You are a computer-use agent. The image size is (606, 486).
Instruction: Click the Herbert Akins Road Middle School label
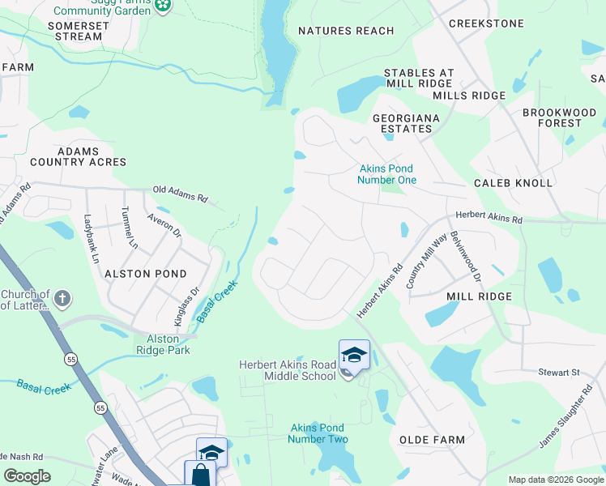tap(287, 370)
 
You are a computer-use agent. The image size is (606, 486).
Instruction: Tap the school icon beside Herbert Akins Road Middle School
tap(354, 355)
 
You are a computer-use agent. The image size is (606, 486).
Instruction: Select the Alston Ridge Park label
tap(168, 344)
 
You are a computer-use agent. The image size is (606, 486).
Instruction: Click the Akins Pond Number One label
tap(387, 174)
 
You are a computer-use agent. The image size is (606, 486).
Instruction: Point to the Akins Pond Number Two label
tap(318, 433)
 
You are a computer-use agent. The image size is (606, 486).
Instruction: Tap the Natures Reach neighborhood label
tap(346, 31)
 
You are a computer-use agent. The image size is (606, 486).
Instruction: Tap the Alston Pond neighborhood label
tap(146, 274)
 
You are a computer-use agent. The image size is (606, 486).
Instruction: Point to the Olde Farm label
tap(433, 440)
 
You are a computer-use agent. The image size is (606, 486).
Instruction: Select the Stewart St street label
tap(565, 373)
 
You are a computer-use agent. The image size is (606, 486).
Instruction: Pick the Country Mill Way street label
tap(427, 261)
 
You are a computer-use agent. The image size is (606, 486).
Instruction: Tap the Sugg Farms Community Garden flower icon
tap(164, 5)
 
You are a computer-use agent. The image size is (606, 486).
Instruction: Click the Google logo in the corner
tap(27, 476)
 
